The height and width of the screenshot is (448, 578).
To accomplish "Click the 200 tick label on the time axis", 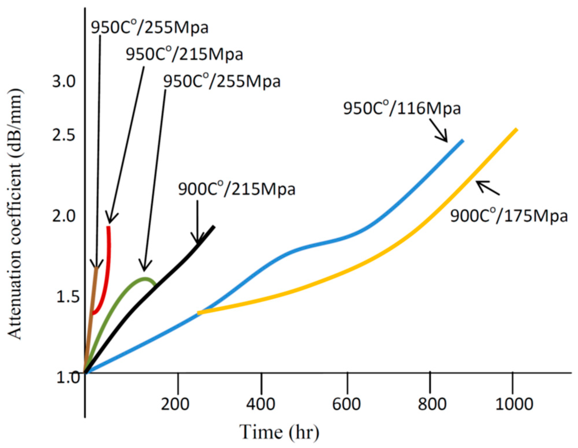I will pyautogui.click(x=175, y=404).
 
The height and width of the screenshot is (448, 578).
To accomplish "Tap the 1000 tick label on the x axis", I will pyautogui.click(x=514, y=404).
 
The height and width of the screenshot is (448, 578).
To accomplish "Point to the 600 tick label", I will pyautogui.click(x=346, y=404).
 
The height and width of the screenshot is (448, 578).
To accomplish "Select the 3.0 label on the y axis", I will pyautogui.click(x=64, y=81).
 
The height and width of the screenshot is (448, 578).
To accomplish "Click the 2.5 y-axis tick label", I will pyautogui.click(x=64, y=135).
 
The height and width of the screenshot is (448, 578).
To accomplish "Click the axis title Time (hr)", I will pyautogui.click(x=279, y=432).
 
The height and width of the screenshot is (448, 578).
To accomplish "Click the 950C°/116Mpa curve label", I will pyautogui.click(x=402, y=108).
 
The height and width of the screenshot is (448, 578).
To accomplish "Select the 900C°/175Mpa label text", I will pyautogui.click(x=508, y=216).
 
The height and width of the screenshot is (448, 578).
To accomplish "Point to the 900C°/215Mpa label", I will pyautogui.click(x=236, y=189).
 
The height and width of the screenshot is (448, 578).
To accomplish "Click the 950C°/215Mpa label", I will pyautogui.click(x=184, y=54).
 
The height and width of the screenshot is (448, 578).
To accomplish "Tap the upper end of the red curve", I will pyautogui.click(x=108, y=227).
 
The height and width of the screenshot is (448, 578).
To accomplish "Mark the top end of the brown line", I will pyautogui.click(x=97, y=268).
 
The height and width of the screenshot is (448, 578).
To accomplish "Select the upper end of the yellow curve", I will pyautogui.click(x=516, y=129).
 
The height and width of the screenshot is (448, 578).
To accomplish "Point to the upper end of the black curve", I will pyautogui.click(x=214, y=227).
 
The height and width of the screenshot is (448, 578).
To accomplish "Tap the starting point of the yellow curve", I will pyautogui.click(x=198, y=313).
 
